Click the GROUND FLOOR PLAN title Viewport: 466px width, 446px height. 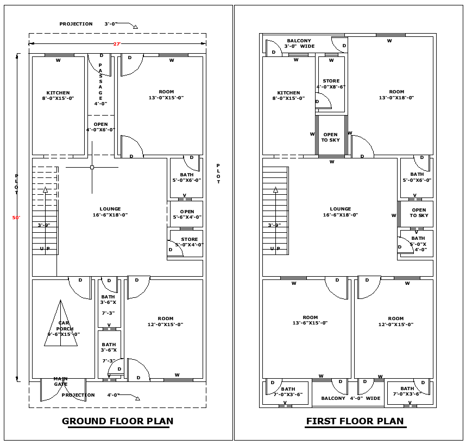click(x=117, y=421)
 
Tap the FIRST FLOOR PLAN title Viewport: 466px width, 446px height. click(x=355, y=421)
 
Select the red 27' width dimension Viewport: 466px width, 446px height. click(x=116, y=43)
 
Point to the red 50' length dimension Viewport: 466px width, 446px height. click(x=16, y=218)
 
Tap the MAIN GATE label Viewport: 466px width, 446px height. click(x=61, y=381)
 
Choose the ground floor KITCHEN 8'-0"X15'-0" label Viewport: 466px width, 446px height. click(x=58, y=95)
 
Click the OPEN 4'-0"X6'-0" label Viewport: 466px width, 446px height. click(x=100, y=127)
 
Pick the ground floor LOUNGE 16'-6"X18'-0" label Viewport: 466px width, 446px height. click(x=110, y=212)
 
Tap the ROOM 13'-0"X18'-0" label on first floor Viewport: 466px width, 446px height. click(x=396, y=95)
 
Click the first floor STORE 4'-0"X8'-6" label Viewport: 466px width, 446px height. click(x=331, y=84)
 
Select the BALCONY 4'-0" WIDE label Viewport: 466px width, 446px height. click(x=350, y=398)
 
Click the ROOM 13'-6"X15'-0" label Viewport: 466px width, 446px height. click(x=310, y=320)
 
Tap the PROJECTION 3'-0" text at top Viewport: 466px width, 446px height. click(x=84, y=24)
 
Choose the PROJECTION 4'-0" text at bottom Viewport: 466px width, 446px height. click(x=90, y=395)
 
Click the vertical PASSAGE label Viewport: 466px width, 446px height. click(x=100, y=84)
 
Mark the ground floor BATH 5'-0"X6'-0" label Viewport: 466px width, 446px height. click(x=187, y=177)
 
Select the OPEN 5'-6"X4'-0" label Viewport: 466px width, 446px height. click(x=187, y=214)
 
